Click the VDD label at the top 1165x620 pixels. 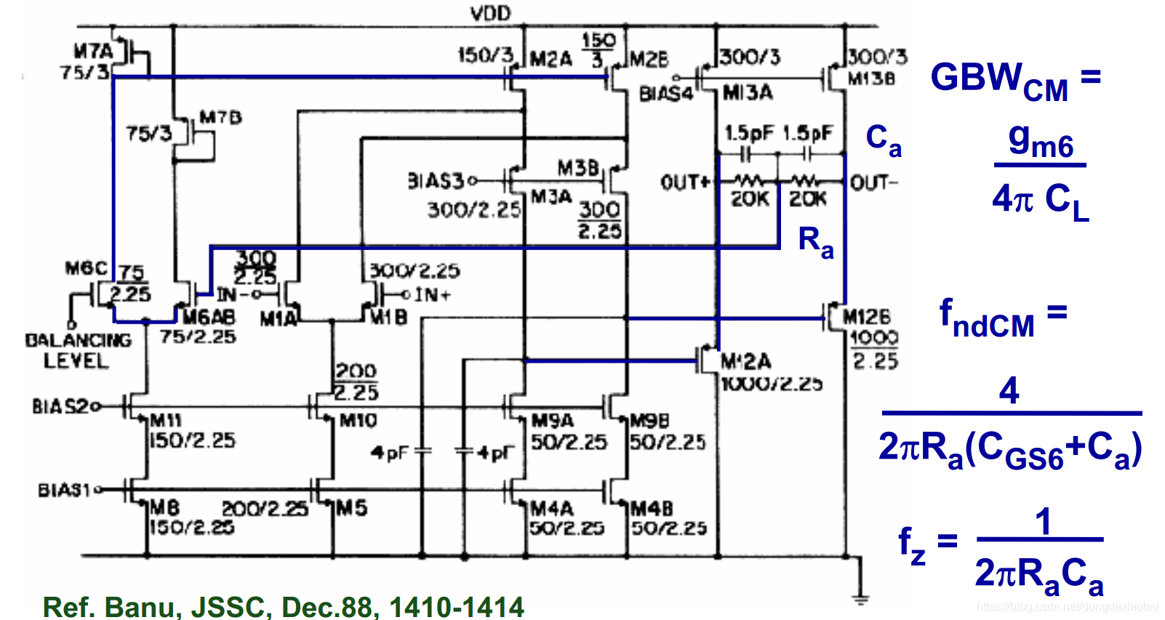pos(490,13)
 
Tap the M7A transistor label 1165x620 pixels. pos(94,51)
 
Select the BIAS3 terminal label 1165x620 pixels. pos(435,180)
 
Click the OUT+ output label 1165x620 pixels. pos(684,182)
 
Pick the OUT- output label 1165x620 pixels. pos(874,182)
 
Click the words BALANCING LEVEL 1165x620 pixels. pos(78,350)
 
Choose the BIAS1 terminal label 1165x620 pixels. pos(65,490)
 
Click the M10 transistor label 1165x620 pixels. pos(358,420)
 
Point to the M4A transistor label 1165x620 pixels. pos(552,507)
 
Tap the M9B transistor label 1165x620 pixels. pos(649,421)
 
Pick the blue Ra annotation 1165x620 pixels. pos(815,241)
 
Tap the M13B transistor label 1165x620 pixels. pos(871,78)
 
